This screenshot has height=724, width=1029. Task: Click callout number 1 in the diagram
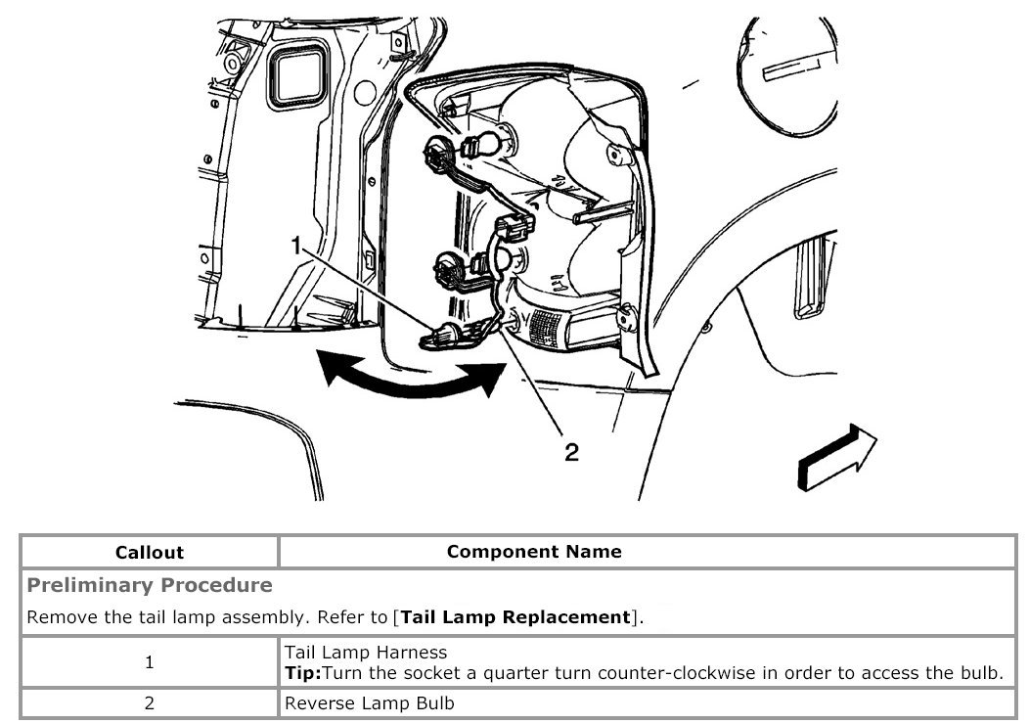295,248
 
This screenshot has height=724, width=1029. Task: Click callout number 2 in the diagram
571,451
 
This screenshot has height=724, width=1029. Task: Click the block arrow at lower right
836,455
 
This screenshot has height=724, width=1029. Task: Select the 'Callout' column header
149,552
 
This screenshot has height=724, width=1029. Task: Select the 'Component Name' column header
534,551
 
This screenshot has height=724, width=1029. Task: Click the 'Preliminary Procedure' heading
150,585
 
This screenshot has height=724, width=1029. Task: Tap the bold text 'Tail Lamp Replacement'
514,617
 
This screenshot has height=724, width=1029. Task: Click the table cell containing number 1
149,662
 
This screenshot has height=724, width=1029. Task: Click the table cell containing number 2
149,703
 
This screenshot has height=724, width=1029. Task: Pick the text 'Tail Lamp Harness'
366,652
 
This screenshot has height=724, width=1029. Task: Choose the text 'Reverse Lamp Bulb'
369,703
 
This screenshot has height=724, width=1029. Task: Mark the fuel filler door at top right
787,78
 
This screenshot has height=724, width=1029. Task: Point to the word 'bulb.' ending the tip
982,673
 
